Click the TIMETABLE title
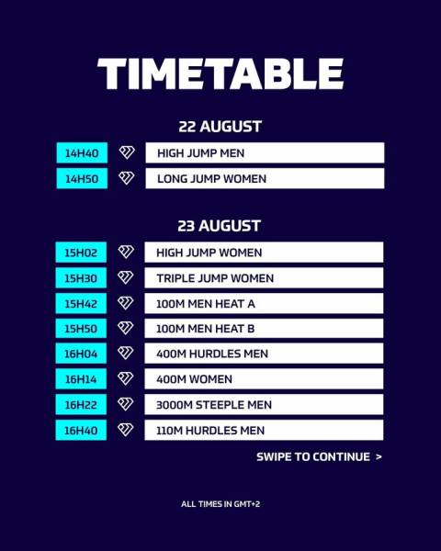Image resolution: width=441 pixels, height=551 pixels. coord(220,73)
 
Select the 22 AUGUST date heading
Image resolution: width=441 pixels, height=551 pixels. coord(220,127)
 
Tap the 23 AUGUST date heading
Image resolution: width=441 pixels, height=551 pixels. coord(219,226)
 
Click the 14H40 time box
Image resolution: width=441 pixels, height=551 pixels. coord(82,152)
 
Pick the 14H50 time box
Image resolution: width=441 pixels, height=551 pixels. coord(82,178)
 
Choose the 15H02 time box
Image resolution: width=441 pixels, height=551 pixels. coord(81,253)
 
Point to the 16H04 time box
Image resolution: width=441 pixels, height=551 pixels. coord(81,354)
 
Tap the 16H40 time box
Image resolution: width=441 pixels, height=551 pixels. coord(81,430)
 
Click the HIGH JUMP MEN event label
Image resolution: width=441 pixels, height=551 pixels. coord(201,153)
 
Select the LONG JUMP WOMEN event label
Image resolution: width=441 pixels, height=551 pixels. coord(211,179)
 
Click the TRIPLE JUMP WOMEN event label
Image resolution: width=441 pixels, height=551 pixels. coord(215,278)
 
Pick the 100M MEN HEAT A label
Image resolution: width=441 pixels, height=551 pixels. coord(206,304)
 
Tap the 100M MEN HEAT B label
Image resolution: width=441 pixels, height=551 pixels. coord(206,329)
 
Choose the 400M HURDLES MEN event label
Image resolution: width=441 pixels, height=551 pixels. coord(212,354)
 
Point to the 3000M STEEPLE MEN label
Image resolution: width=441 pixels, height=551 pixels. coord(214,405)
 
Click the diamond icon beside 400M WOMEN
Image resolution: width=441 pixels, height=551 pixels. coord(126,378)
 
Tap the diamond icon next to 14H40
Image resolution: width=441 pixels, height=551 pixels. coord(127,152)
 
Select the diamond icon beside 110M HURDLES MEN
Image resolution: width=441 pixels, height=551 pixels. coord(126,430)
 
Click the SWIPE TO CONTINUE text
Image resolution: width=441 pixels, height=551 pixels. coord(319,456)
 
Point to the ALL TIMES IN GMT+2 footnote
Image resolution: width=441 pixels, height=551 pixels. coord(220,504)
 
